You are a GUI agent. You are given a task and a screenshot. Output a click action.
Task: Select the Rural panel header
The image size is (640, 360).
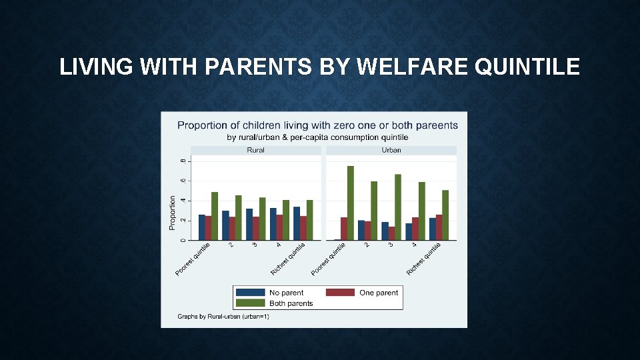tap(255, 150)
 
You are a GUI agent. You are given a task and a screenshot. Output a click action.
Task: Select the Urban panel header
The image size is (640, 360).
tap(391, 150)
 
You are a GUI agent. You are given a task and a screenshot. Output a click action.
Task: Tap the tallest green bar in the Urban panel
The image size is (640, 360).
tap(350, 203)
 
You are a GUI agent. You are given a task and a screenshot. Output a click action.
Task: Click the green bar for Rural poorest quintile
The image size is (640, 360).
tap(215, 216)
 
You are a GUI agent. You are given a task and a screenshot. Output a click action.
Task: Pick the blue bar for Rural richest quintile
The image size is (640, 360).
tap(296, 223)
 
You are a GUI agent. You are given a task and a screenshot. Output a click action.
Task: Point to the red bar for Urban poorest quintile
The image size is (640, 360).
tap(344, 229)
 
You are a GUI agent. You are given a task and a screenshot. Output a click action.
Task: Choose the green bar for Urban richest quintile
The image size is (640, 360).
tap(445, 215)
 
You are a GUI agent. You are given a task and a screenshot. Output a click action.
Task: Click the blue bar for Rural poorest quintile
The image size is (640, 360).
tap(201, 227)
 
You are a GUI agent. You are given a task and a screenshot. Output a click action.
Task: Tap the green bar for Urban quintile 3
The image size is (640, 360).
tap(398, 207)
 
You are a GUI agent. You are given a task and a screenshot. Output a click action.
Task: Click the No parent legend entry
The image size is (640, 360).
tap(286, 293)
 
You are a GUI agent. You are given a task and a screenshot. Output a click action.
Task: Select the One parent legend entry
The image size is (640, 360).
tap(378, 293)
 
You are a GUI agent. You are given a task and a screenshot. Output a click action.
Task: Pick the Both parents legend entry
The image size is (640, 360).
tap(291, 303)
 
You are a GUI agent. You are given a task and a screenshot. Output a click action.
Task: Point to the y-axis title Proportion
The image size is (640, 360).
tap(173, 213)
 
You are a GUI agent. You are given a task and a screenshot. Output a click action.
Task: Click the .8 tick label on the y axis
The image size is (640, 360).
tap(184, 161)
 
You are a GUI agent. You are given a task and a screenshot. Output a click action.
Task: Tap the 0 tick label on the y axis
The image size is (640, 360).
tap(184, 240)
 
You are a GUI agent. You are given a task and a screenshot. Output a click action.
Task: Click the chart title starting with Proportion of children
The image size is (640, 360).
tap(317, 125)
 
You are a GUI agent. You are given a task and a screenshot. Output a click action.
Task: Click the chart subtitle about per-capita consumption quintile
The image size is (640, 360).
tap(317, 137)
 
